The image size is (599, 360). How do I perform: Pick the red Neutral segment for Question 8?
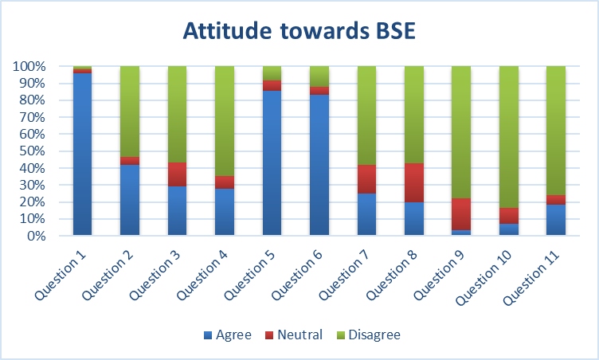click(x=414, y=182)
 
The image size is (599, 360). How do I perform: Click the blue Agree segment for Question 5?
click(x=272, y=162)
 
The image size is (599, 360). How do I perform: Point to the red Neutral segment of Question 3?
click(x=177, y=174)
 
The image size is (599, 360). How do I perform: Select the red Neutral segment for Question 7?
click(x=366, y=179)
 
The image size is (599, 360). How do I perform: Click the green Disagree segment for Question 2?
click(x=130, y=112)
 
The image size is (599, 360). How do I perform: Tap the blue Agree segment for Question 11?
click(x=556, y=220)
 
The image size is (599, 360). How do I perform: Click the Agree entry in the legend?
click(x=226, y=335)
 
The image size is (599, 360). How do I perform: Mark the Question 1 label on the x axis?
click(x=60, y=273)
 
